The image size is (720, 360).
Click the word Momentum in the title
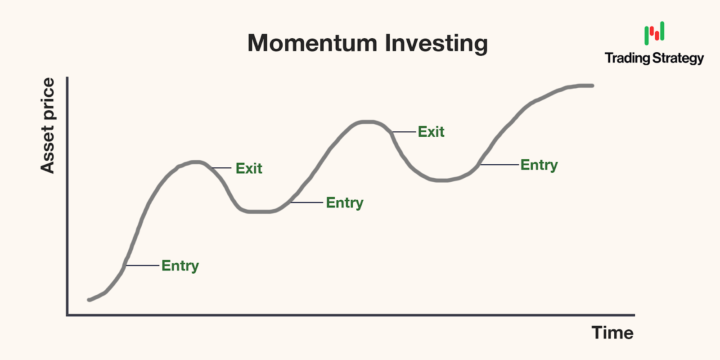pos(312,43)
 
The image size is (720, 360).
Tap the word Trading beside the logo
pos(627,58)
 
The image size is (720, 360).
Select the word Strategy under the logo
pos(678,58)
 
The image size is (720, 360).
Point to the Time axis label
pos(612,333)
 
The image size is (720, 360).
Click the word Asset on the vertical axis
pos(48,150)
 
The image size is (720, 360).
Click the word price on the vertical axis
pos(48,99)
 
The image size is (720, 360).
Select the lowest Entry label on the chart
pos(180,266)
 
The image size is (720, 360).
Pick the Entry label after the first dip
pos(345,203)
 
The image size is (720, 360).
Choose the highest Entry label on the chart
pos(539,165)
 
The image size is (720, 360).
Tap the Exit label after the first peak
pos(249,168)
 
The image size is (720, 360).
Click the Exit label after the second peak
pos(431,132)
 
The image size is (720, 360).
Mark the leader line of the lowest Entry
pos(142,265)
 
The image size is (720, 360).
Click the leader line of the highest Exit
pos(404,132)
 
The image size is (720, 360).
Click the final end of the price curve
pos(592,86)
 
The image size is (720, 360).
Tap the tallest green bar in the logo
pos(662,31)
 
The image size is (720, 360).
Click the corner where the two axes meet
pos(67,315)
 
